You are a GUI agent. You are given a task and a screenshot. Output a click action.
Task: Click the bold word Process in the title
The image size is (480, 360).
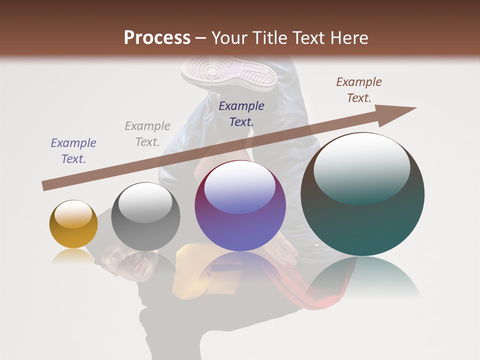click(x=157, y=38)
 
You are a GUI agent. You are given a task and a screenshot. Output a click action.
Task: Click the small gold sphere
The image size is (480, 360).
click(x=73, y=224)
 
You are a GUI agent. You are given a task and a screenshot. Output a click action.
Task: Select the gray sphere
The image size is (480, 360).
click(x=145, y=217)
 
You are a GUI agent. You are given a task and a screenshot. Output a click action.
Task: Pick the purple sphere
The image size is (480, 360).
click(x=240, y=206)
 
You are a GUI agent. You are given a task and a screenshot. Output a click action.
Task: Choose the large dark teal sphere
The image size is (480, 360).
click(x=362, y=195)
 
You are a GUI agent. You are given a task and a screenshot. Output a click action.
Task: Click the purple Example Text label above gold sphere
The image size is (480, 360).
click(x=73, y=150)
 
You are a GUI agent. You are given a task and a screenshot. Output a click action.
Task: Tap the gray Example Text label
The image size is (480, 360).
click(x=147, y=133)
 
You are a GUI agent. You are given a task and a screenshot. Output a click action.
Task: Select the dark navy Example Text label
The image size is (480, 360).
click(x=241, y=113)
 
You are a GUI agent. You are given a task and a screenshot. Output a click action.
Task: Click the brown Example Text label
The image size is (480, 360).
click(x=359, y=89)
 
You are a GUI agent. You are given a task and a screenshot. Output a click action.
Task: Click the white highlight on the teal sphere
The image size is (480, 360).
click(x=361, y=167)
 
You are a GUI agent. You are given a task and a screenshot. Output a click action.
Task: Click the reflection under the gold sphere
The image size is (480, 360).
click(x=73, y=256)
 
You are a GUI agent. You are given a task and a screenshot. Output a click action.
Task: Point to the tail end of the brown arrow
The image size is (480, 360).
click(x=45, y=186)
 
